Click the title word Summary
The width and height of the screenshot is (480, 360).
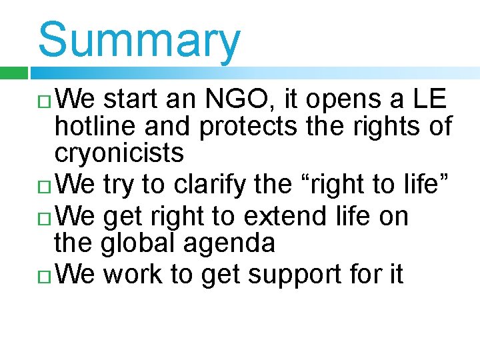click(x=139, y=40)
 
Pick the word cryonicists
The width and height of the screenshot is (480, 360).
click(x=119, y=153)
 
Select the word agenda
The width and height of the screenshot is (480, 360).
click(x=231, y=244)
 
